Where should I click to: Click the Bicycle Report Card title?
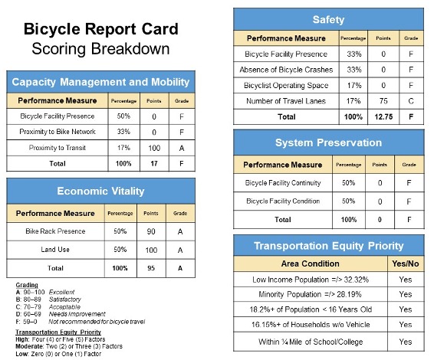coord(101,30)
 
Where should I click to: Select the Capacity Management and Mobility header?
coord(102,82)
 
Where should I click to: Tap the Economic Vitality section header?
coord(102,191)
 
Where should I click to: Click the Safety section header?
coord(328,19)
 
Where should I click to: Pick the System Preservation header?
coord(328,142)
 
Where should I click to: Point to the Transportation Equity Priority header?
coord(328,245)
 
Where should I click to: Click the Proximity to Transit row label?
coord(53,147)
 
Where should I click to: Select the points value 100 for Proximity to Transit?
coord(154,147)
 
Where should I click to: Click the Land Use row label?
coord(53,250)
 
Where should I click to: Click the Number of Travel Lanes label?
coord(285,100)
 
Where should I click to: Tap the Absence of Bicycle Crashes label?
coord(285,69)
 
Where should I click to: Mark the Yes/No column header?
coord(405,263)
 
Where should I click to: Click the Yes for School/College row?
coord(405,342)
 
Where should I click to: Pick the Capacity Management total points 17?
coord(154,163)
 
